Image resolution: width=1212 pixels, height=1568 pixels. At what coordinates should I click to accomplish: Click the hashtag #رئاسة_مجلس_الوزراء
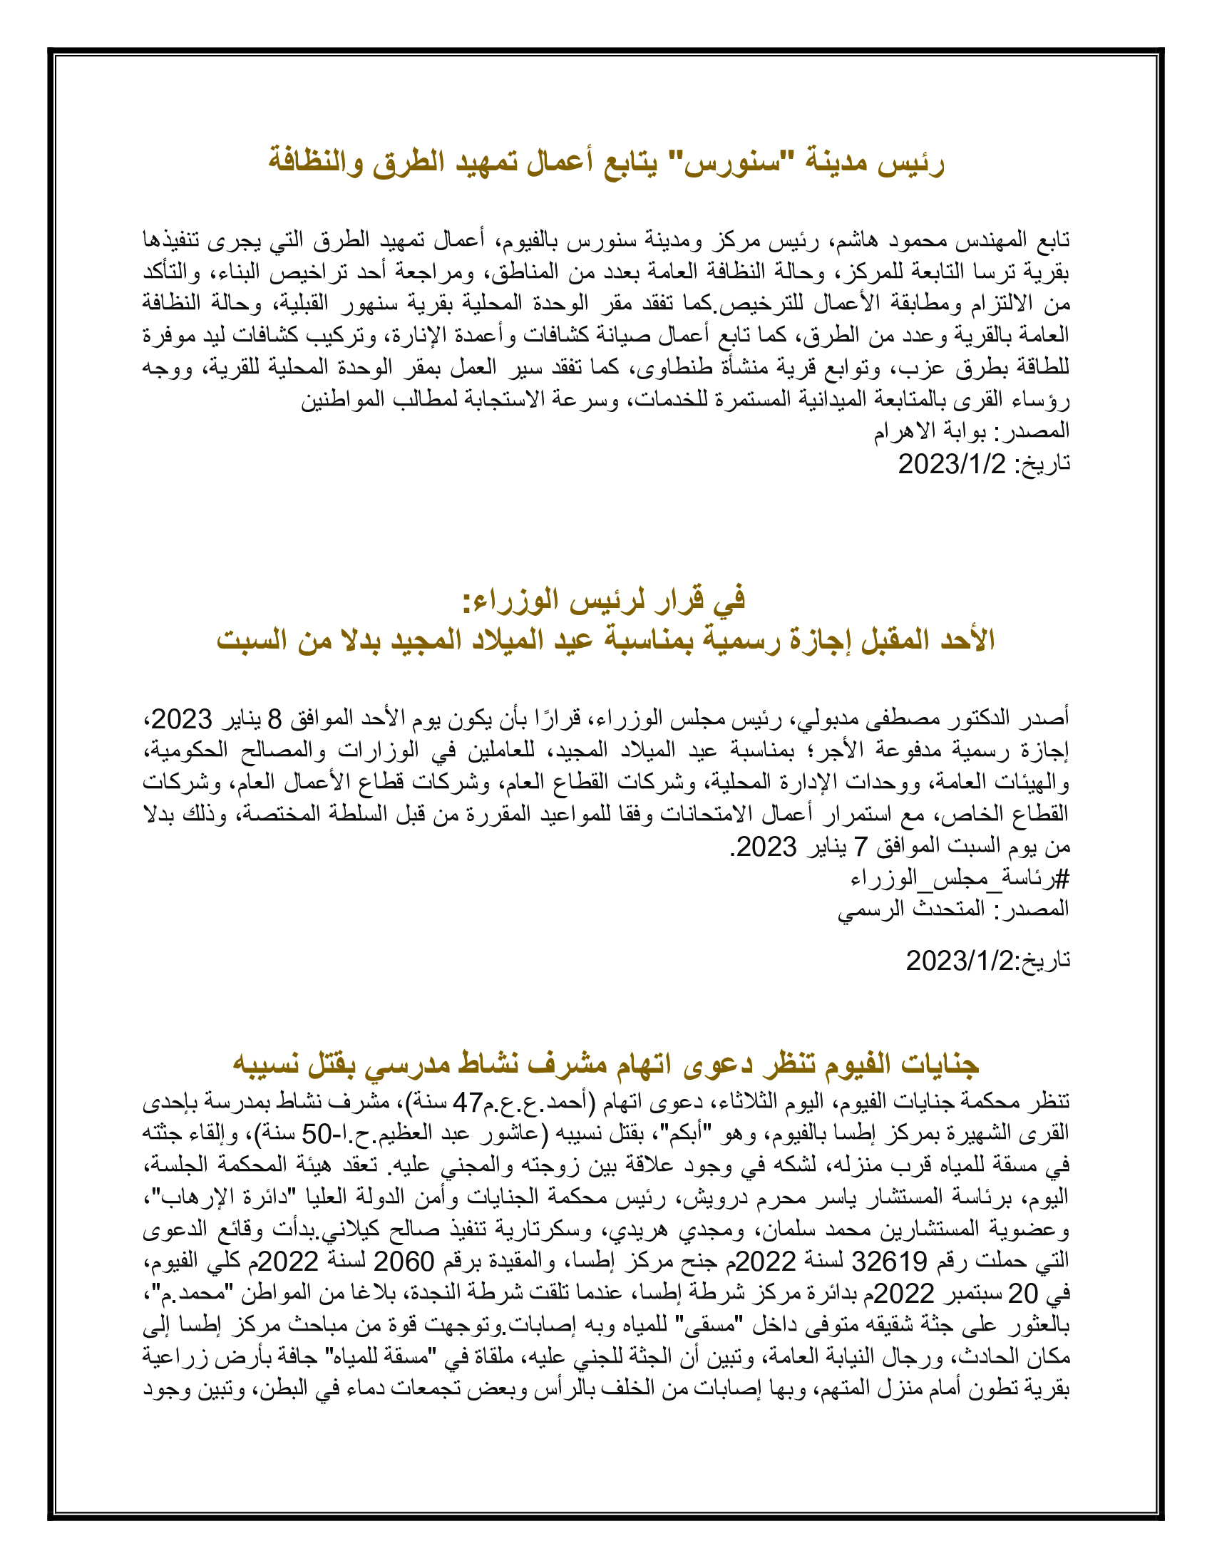tap(960, 879)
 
